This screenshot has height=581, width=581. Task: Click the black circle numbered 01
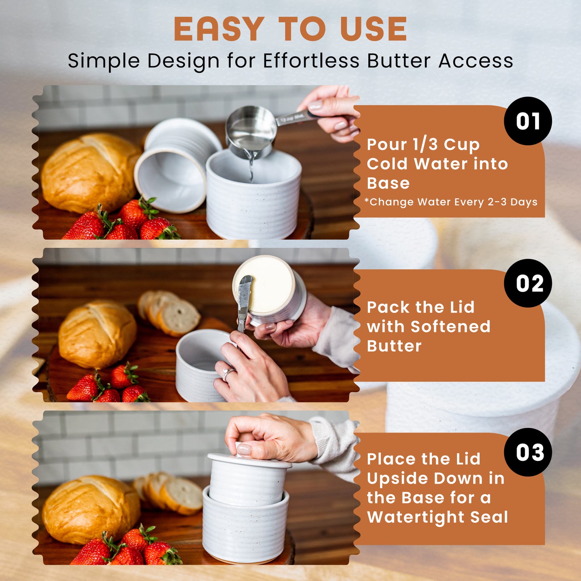(x=528, y=121)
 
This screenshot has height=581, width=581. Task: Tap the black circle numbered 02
(x=528, y=283)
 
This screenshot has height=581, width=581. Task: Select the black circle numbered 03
(x=528, y=452)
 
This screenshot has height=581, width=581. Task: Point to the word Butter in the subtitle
(x=398, y=61)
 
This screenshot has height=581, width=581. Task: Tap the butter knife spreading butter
(x=244, y=304)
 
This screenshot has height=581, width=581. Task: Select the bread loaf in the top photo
(x=90, y=173)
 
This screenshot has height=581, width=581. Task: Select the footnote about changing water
(x=451, y=202)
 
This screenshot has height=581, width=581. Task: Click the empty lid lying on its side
(x=178, y=164)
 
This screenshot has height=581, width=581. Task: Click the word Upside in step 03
(x=398, y=479)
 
